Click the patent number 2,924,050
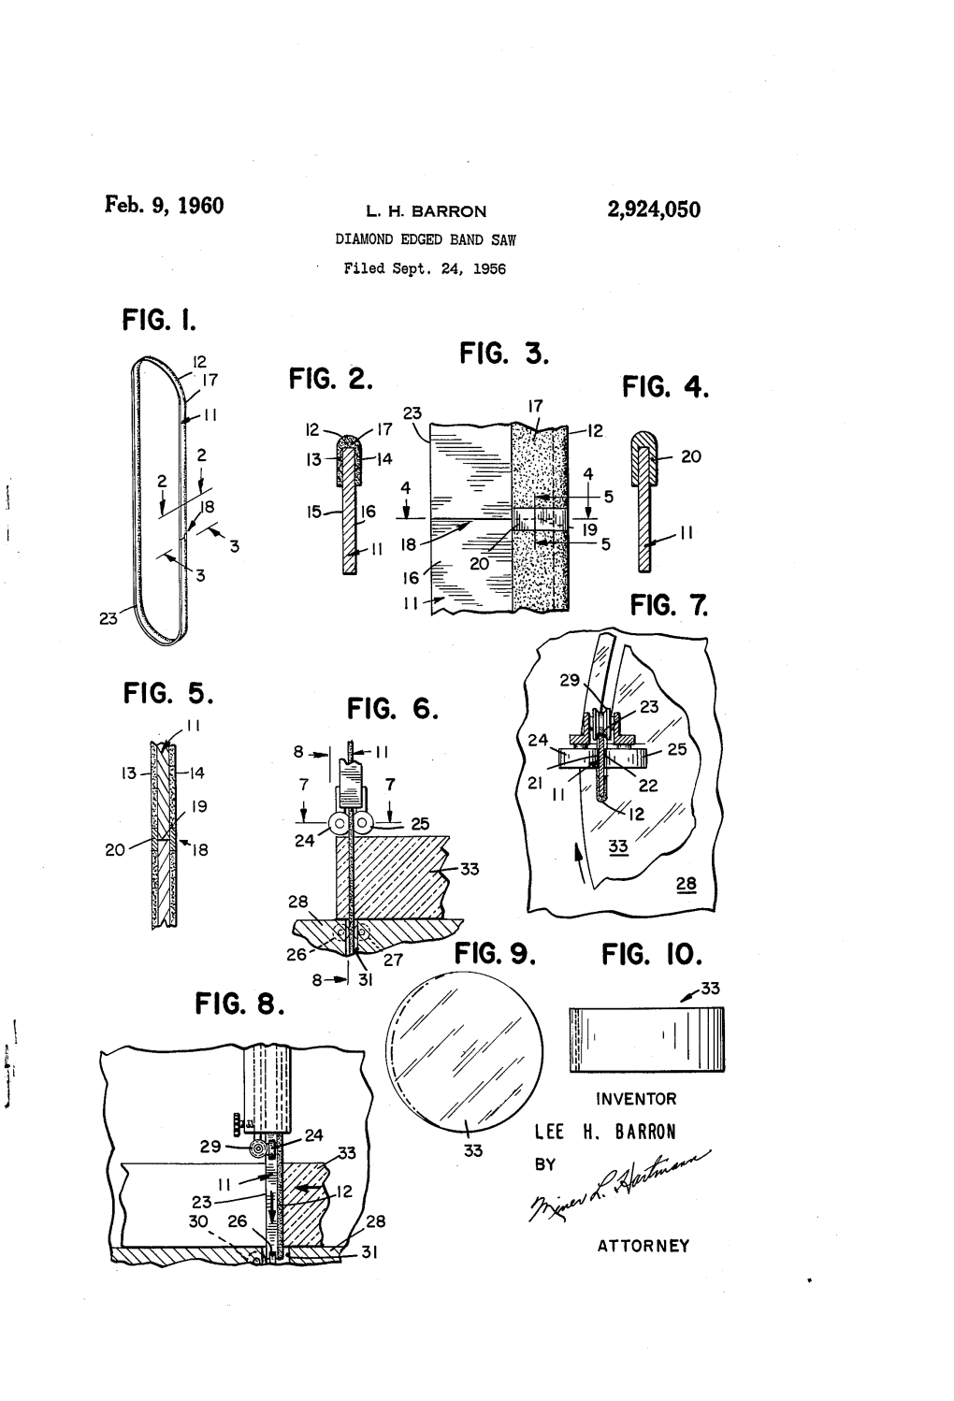click(x=654, y=209)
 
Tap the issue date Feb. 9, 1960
click(x=164, y=205)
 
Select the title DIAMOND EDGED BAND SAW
click(x=426, y=239)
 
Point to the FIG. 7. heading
click(x=669, y=605)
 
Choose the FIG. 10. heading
click(x=652, y=955)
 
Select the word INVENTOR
click(x=636, y=1099)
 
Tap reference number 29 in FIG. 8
click(x=210, y=1147)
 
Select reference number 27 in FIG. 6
click(x=393, y=960)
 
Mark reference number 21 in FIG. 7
click(x=535, y=783)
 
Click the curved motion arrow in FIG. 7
click(x=580, y=863)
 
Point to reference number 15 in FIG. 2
click(x=314, y=512)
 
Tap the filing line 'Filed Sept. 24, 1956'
click(x=425, y=269)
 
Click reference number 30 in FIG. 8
click(x=198, y=1220)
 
